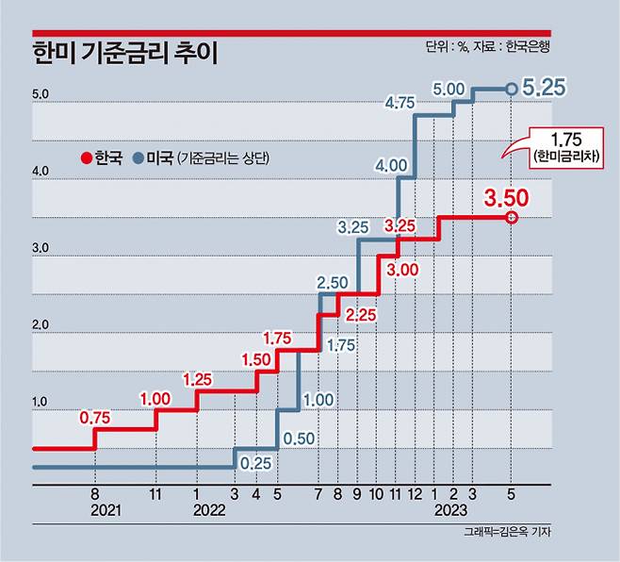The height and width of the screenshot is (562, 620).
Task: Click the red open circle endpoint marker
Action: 511,218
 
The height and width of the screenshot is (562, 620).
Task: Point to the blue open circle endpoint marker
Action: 511,90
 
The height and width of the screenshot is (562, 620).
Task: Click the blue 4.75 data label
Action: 401,103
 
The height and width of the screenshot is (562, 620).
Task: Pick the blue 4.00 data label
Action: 390,165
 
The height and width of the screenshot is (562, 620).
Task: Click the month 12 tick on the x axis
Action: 415,492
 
